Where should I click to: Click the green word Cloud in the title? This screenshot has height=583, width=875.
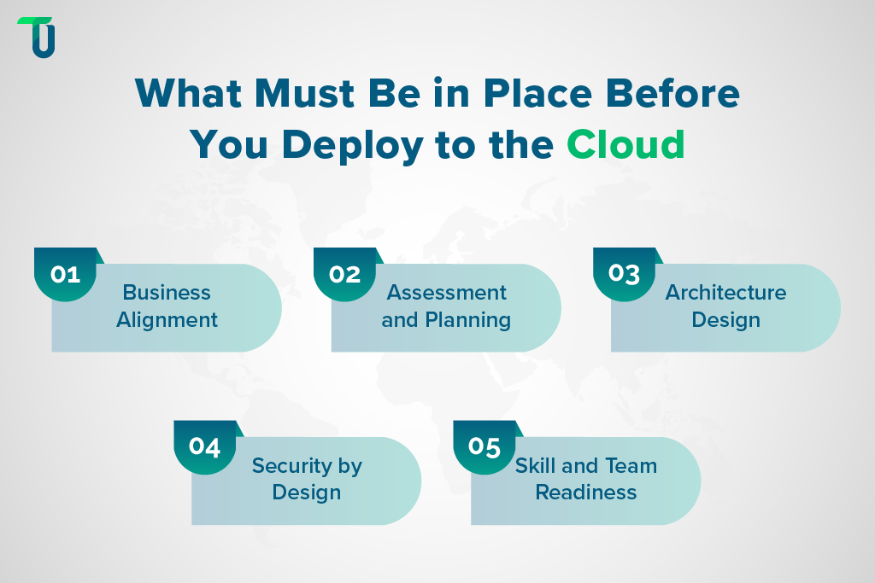[626, 145]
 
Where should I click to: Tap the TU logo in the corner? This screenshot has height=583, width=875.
[36, 38]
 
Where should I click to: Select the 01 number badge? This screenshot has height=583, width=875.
[65, 274]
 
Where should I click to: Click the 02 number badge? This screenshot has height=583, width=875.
[344, 274]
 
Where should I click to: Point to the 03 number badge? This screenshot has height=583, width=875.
[624, 274]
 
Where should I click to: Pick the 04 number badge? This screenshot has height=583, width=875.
[205, 446]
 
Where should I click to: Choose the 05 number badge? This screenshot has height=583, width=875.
[484, 446]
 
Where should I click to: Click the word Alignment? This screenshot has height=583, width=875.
[167, 320]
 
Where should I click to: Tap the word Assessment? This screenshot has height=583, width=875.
[447, 293]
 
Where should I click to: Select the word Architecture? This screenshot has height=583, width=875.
[726, 293]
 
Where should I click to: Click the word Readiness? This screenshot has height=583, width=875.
[586, 493]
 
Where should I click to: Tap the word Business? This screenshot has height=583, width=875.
[167, 293]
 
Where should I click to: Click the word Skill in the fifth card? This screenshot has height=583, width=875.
[535, 466]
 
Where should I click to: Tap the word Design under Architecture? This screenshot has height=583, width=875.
[726, 320]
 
